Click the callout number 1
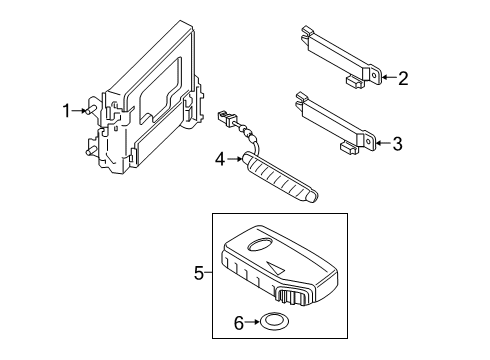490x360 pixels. point(67,111)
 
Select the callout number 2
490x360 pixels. point(403,78)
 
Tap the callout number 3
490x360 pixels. point(397,144)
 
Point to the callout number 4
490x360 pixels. point(220,159)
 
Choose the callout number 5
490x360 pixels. point(199,273)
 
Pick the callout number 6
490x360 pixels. point(239,323)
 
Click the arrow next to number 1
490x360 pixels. point(79,111)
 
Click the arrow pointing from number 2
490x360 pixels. point(390,78)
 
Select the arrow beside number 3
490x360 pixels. point(384,143)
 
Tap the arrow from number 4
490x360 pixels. point(234,159)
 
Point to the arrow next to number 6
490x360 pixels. point(252,322)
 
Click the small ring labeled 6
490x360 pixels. point(274,316)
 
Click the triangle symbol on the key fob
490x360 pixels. point(276,268)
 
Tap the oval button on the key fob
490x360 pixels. point(260,244)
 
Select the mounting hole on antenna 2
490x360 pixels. point(374,75)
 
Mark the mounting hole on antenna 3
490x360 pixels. point(368,141)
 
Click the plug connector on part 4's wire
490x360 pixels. point(227,118)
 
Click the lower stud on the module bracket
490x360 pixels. point(91,150)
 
